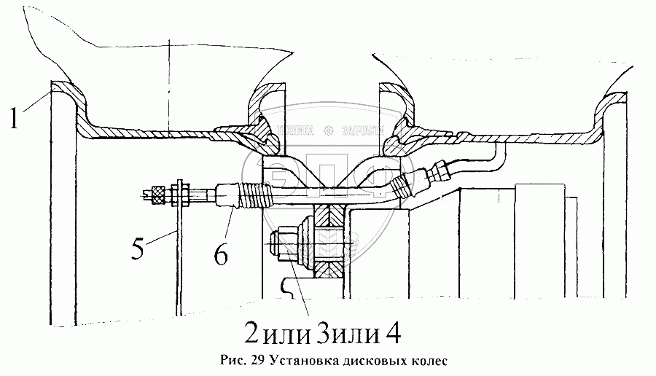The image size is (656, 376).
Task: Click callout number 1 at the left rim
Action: (14, 117)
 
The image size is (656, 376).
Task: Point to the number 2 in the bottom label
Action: (251, 334)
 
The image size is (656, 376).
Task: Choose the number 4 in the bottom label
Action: (391, 334)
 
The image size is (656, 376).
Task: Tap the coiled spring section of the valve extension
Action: (252, 194)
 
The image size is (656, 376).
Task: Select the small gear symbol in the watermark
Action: (328, 131)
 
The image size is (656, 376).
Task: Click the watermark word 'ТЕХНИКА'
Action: (294, 132)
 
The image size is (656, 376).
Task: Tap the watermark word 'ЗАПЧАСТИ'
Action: (362, 132)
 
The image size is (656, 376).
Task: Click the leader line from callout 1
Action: (35, 100)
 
